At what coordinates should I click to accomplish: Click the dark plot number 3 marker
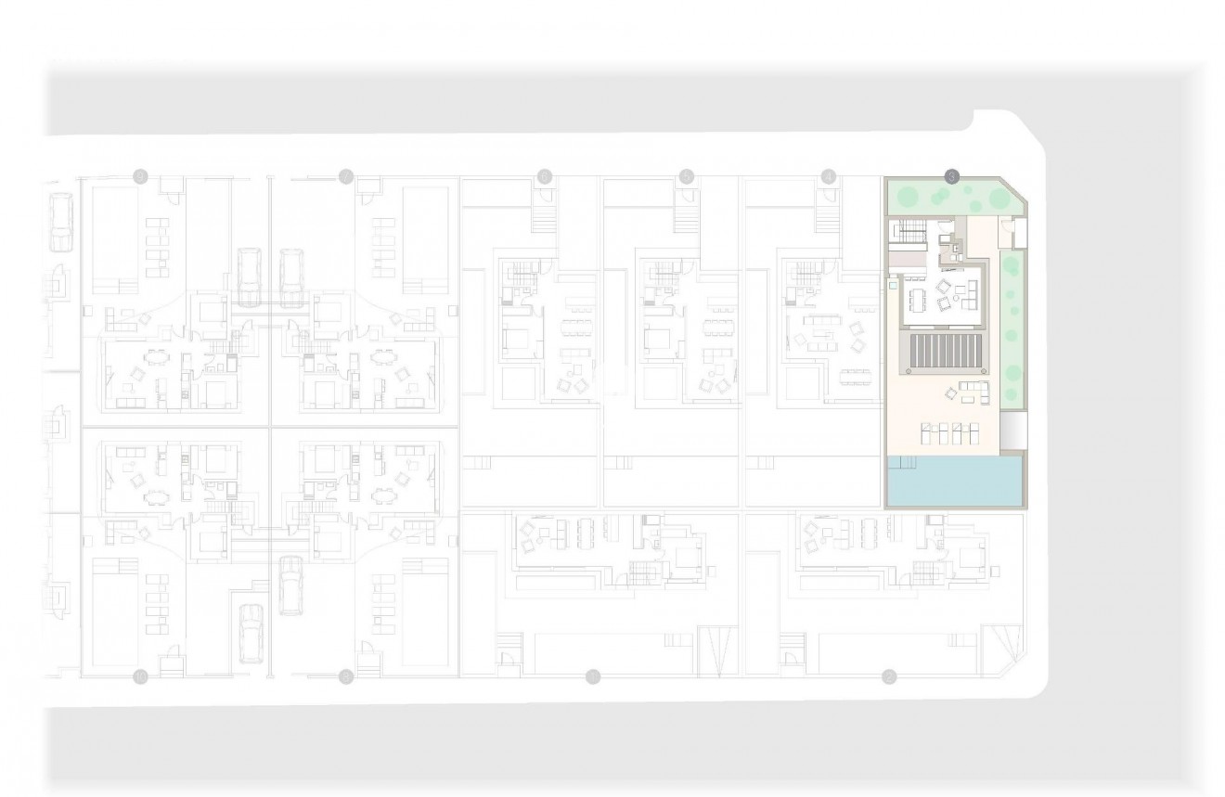[x=950, y=175]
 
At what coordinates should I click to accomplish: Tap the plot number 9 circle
[x=140, y=175]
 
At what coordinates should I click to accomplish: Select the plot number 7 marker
[x=346, y=175]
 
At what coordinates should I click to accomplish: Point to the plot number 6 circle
[x=545, y=175]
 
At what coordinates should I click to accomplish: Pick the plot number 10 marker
[x=140, y=675]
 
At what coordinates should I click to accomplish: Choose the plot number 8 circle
[x=346, y=675]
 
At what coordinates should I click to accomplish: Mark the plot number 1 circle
[x=593, y=676]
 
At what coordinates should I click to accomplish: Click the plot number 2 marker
[x=889, y=676]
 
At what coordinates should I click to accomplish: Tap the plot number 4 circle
[x=829, y=175]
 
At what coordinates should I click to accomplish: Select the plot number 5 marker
[x=687, y=175]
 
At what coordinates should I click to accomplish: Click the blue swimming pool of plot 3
[x=955, y=481]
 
